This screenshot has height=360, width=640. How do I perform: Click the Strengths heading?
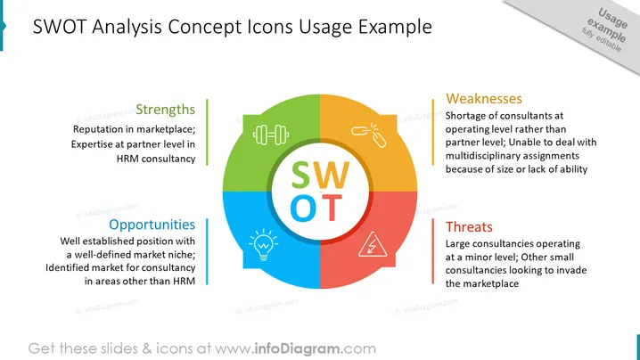pos(165,110)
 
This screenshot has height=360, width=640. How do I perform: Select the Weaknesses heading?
pos(484,98)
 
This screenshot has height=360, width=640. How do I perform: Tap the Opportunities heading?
pos(152,225)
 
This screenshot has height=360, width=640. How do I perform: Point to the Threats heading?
pos(469,226)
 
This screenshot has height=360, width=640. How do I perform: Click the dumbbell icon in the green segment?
pos(271,135)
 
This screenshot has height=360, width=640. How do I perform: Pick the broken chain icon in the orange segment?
pos(369,135)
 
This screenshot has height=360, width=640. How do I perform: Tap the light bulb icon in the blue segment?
pos(264,245)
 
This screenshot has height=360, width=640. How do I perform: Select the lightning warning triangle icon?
pos(373,245)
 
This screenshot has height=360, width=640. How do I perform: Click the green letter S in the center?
pos(300,176)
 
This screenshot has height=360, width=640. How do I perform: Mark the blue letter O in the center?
pos(303,208)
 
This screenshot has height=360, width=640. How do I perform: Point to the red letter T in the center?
pos(332,208)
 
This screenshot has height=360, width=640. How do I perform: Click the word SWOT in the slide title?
pos(60,27)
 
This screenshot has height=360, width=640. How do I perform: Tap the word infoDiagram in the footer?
pos(297,348)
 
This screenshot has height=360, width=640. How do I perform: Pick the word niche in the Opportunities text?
pos(185,254)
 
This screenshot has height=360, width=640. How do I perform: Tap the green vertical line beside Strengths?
pos(207,132)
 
